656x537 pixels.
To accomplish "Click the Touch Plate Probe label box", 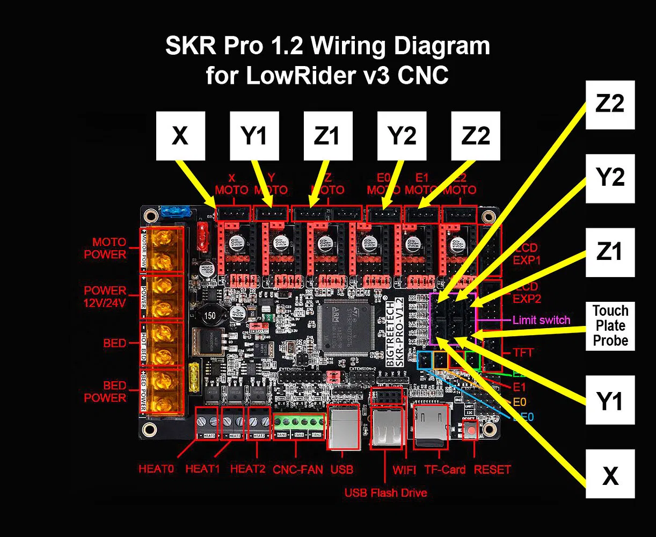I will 610,326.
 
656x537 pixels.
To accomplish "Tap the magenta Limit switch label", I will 541,320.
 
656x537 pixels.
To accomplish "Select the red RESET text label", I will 492,469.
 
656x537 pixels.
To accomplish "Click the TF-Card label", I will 445,469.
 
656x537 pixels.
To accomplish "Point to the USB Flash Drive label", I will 385,492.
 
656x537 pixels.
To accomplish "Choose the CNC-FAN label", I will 298,469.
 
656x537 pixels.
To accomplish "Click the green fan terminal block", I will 299,427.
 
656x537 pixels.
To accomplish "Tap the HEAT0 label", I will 156,469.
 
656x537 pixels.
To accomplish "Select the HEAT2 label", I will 247,469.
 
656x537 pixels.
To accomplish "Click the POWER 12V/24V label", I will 105,296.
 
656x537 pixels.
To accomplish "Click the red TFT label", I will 522,353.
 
